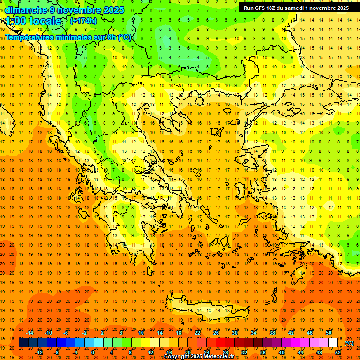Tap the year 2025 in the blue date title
pyautogui.click(x=112, y=10)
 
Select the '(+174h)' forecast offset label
pyautogui.click(x=83, y=21)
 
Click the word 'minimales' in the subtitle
pyautogui.click(x=78, y=37)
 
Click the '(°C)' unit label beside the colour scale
pyautogui.click(x=349, y=343)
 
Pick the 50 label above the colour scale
pyautogui.click(x=328, y=333)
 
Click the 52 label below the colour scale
pyautogui.click(x=338, y=352)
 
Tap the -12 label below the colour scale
pyautogui.click(x=39, y=352)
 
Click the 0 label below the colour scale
pyautogui.click(x=93, y=352)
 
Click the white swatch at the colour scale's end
pyautogui.click(x=333, y=343)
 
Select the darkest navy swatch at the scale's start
pyautogui.click(x=23, y=343)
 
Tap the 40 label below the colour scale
pyautogui.click(x=281, y=352)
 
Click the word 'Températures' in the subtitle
pyautogui.click(x=29, y=37)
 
